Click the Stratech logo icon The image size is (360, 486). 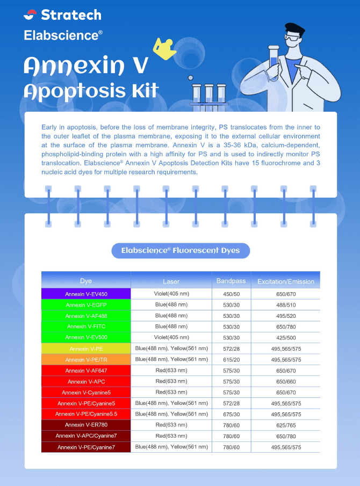tap(30, 14)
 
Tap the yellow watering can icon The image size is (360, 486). tap(164, 48)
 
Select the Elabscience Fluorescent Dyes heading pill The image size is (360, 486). tap(180, 250)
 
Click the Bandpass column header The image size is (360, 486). tap(231, 281)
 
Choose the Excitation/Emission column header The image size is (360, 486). tap(285, 281)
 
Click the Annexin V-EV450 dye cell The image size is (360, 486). tap(86, 294)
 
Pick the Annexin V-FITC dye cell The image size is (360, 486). tap(86, 327)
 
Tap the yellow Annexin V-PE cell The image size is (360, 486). tap(86, 349)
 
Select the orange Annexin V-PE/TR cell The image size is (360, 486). tap(86, 360)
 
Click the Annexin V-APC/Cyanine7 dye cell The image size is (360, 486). tap(86, 436)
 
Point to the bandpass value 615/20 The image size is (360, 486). tap(231, 360)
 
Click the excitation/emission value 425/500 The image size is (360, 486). tap(285, 338)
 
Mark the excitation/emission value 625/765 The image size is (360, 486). tap(285, 425)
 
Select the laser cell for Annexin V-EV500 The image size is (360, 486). tap(171, 337)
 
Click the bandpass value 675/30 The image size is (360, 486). tap(231, 414)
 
